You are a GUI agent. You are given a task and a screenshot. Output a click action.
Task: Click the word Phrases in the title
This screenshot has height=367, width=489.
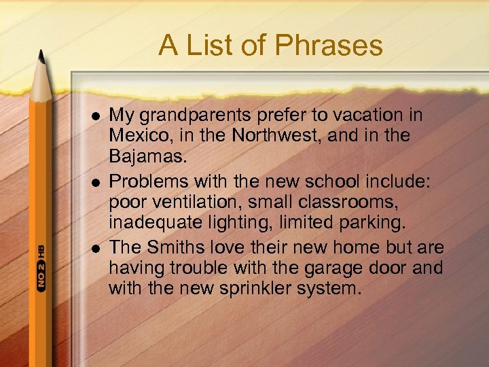(329, 47)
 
